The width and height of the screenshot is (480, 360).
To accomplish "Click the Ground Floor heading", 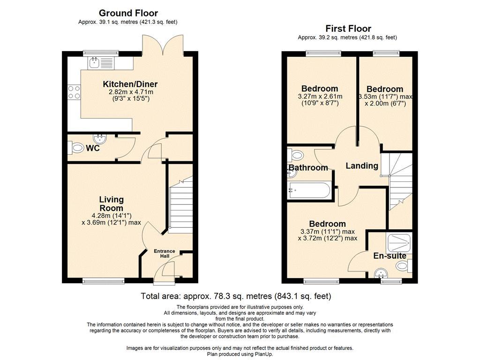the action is click(128, 13).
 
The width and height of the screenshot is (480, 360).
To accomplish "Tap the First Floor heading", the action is click(348, 29).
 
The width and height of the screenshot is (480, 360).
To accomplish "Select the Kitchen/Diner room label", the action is click(130, 84).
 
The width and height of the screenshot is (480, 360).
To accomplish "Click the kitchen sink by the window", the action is click(94, 63).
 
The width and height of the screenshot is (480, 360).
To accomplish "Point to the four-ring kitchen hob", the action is click(74, 92).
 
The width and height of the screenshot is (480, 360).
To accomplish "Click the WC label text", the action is click(92, 148).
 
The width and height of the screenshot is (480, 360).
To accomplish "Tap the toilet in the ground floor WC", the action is click(75, 148).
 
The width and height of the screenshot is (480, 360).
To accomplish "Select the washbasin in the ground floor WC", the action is click(100, 139).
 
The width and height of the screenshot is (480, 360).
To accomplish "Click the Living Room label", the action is click(112, 203).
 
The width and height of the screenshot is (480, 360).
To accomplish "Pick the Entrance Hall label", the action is click(165, 254).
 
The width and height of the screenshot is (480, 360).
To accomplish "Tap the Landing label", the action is click(362, 165).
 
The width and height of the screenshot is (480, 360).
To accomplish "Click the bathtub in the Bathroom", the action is click(309, 191).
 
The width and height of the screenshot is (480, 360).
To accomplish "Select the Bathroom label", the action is click(308, 167).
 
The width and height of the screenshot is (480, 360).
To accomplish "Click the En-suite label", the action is click(390, 256).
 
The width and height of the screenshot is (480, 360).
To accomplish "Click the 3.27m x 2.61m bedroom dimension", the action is click(320, 97).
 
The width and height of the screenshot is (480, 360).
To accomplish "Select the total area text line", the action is click(236, 296).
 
